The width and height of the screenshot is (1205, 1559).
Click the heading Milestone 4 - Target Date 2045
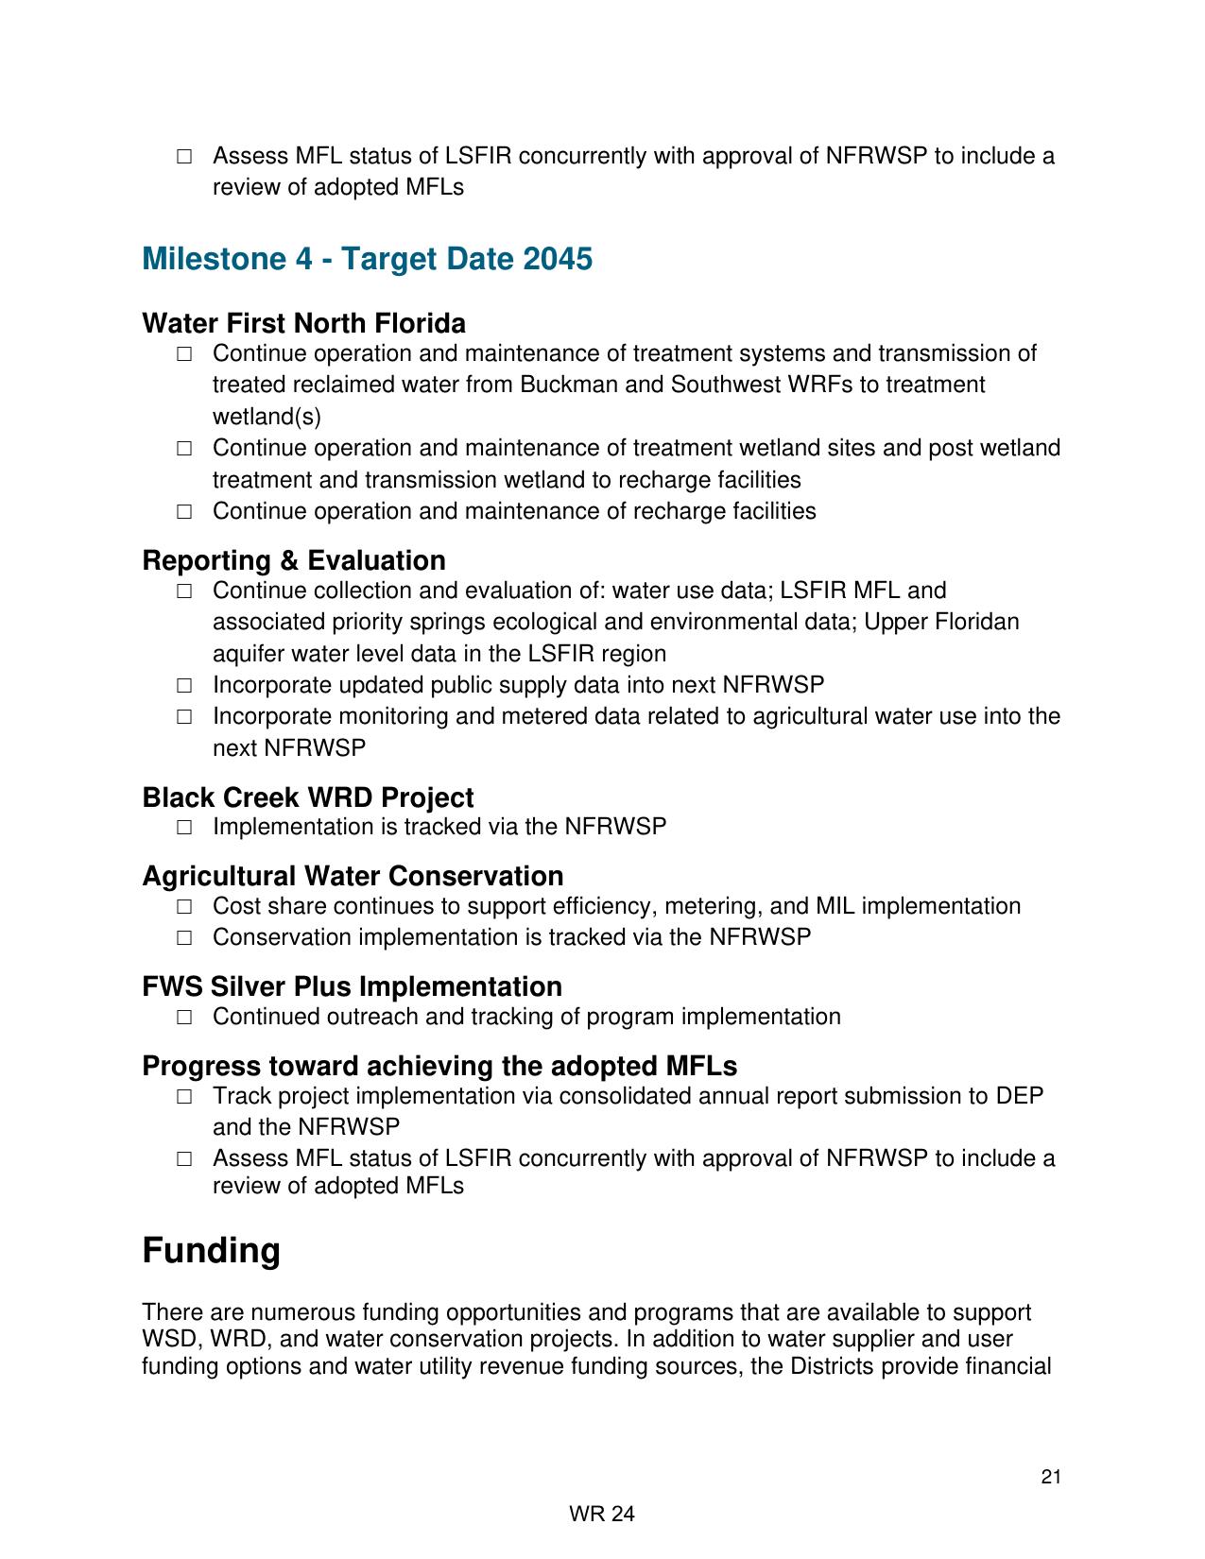[x=367, y=259]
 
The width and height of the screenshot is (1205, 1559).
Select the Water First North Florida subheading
[x=303, y=324]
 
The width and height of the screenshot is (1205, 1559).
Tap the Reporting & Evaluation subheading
[x=293, y=560]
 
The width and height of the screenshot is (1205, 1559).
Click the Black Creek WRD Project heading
[x=307, y=797]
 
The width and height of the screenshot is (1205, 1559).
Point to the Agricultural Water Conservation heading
[x=353, y=876]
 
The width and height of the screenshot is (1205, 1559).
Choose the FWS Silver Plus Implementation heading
[x=352, y=986]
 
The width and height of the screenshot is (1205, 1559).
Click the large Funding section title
[x=211, y=1250]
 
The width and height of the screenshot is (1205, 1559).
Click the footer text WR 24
[x=602, y=1515]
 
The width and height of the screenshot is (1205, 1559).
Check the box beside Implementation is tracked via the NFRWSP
[x=184, y=828]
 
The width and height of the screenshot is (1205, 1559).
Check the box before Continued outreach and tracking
[x=184, y=1018]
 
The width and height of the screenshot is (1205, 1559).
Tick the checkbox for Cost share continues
[x=184, y=907]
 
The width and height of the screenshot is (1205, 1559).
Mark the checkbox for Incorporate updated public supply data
[x=184, y=685]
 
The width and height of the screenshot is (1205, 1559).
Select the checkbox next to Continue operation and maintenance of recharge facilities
[x=184, y=512]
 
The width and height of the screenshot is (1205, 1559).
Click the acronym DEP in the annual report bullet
[x=1020, y=1096]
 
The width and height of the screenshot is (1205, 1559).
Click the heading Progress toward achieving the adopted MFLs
[x=439, y=1066]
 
